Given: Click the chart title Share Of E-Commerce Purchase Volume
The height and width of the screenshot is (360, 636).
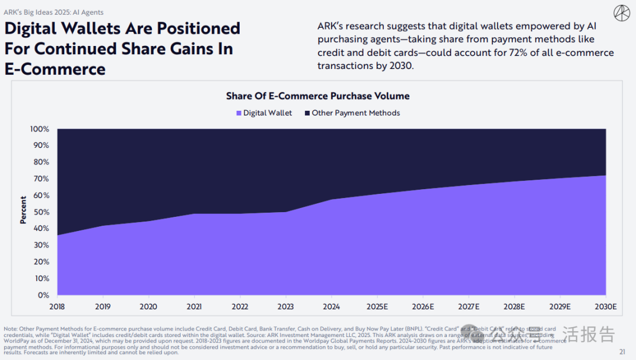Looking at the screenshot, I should (317, 96).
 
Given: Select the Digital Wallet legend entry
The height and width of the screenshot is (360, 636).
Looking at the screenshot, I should (264, 113).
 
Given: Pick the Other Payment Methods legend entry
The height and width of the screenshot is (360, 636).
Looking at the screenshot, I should (352, 113).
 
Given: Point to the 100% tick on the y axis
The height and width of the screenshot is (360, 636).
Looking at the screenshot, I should (40, 129).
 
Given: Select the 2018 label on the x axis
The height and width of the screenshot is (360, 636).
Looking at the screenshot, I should (58, 307).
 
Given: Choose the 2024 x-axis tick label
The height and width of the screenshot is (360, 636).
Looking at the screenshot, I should (332, 307).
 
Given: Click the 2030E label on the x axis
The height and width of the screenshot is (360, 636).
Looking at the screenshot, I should (605, 307).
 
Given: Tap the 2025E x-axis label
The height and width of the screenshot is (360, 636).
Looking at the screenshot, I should (377, 307).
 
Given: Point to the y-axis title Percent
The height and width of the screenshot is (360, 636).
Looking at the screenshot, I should (24, 210).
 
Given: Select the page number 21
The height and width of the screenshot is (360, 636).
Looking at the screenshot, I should (622, 352).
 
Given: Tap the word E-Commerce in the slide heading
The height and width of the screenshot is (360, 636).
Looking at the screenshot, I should (55, 69).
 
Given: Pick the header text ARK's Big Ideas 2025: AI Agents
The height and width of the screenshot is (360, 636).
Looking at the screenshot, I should (54, 12).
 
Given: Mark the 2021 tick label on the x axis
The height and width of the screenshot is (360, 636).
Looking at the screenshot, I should (195, 307).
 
